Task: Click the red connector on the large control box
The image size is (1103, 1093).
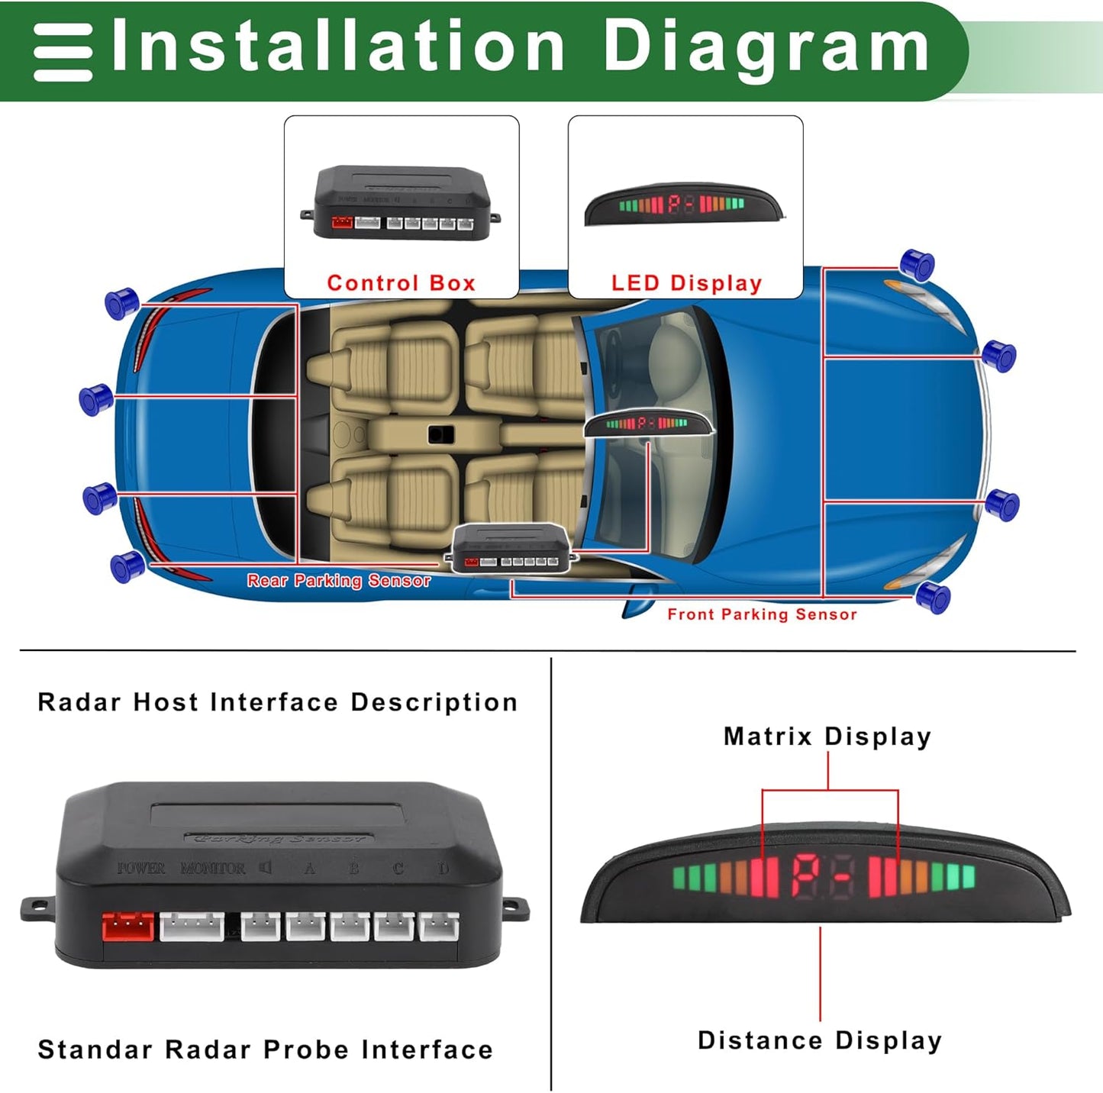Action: tap(127, 927)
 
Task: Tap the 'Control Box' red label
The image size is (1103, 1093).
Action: tap(401, 283)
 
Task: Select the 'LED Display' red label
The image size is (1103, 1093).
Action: tap(686, 283)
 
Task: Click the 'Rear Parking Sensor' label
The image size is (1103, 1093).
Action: tap(338, 581)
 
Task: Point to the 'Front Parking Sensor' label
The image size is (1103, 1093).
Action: tap(762, 614)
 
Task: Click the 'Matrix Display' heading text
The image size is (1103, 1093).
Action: tap(827, 737)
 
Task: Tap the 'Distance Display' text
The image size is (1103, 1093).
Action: tap(820, 1040)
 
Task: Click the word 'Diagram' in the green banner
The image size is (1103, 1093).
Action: tap(766, 47)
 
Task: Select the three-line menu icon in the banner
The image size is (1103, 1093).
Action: tap(63, 52)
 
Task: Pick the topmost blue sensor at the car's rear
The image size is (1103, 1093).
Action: tap(121, 303)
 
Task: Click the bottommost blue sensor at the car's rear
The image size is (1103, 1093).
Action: tap(127, 566)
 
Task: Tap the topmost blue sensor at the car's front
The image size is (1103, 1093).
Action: tap(917, 264)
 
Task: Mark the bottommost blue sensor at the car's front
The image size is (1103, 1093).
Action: tap(933, 596)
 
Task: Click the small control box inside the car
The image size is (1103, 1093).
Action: tap(511, 549)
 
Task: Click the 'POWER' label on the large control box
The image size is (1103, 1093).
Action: tap(141, 869)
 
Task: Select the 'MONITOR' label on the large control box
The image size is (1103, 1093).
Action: tap(213, 869)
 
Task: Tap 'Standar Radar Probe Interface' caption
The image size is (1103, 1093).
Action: tap(265, 1049)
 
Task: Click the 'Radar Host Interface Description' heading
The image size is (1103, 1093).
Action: tap(277, 702)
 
